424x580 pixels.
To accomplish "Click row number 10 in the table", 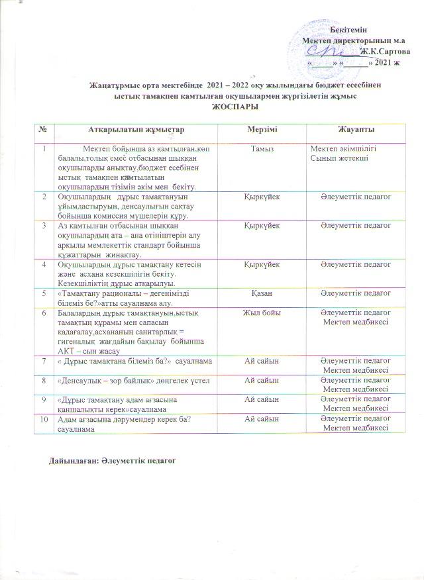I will pyautogui.click(x=44, y=420).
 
